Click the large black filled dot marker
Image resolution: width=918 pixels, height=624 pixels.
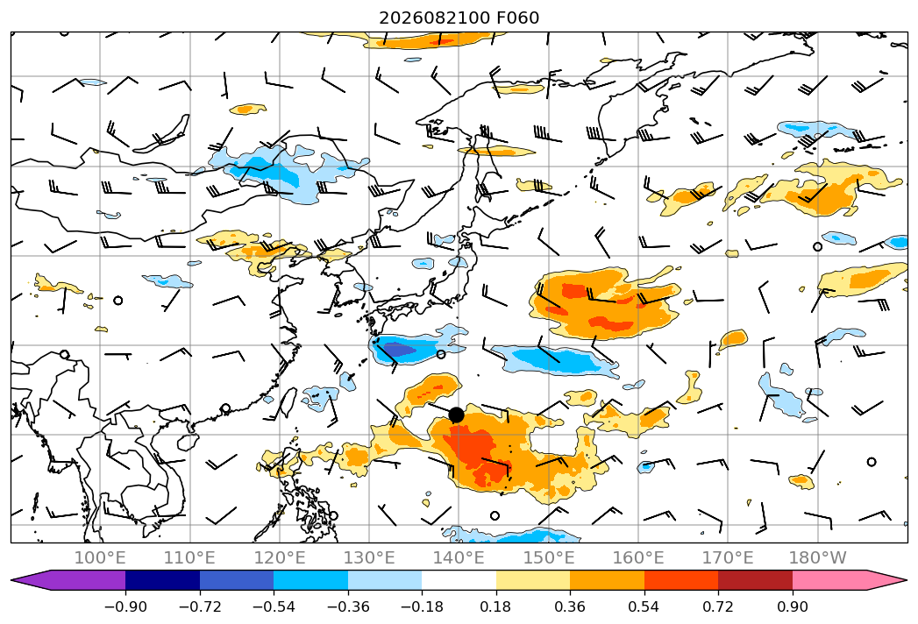[456, 415]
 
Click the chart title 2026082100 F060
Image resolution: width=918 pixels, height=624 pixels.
[459, 18]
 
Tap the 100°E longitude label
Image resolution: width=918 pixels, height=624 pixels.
[100, 557]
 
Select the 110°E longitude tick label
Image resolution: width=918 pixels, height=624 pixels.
[189, 557]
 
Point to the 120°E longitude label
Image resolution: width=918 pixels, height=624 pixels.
[280, 557]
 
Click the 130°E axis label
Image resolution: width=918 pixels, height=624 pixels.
[369, 557]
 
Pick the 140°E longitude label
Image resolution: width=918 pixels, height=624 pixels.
[459, 557]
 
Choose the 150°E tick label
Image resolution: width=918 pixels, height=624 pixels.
[549, 557]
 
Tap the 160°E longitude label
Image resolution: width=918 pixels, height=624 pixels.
[638, 557]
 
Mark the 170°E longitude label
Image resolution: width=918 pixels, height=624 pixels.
[728, 557]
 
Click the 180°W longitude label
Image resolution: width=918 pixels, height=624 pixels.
[817, 557]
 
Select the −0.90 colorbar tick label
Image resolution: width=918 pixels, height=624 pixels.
[125, 606]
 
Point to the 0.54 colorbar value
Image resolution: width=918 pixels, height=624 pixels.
[644, 606]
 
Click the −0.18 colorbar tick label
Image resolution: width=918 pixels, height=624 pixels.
[422, 606]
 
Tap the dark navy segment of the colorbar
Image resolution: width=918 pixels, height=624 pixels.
[163, 580]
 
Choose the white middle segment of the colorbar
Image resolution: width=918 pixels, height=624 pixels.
[459, 580]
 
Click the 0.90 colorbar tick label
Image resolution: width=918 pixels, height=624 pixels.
[792, 606]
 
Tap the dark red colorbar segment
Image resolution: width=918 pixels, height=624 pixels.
[755, 580]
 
